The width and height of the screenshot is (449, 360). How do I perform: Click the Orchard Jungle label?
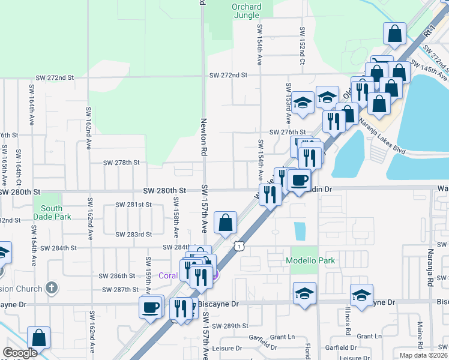247,11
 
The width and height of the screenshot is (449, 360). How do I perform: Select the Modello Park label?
310,260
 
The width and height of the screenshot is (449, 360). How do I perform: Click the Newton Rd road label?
203,138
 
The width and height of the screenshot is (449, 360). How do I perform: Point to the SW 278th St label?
121,163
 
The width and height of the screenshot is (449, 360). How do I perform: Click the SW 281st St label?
134,205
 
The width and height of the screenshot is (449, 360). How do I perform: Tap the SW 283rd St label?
133,235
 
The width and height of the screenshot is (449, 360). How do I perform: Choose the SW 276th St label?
288,132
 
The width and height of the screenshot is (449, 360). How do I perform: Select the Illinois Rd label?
348,323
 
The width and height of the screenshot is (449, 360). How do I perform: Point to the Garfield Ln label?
282,337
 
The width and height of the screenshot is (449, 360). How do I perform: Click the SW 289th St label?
232,326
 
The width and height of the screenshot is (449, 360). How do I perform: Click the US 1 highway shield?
240,246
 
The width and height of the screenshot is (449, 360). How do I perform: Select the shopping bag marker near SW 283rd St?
225,223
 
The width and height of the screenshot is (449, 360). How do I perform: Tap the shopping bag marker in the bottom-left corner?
39,338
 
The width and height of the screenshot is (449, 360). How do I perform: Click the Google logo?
20,353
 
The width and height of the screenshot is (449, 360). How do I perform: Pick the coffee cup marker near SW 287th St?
150,308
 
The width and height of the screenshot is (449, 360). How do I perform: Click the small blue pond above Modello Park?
300,230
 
